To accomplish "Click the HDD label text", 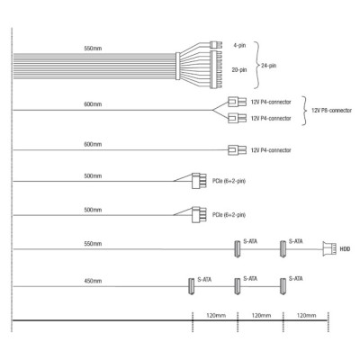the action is pyautogui.click(x=345, y=249).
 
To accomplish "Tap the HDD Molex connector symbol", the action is pyautogui.click(x=328, y=248).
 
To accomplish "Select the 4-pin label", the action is pyautogui.click(x=239, y=46).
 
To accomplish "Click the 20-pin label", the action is pyautogui.click(x=239, y=70).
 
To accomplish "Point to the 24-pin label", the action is pyautogui.click(x=268, y=66).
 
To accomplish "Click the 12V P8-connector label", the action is pyautogui.click(x=331, y=111).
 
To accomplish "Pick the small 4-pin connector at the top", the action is pyautogui.click(x=216, y=45).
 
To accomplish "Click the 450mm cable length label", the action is pyautogui.click(x=93, y=281).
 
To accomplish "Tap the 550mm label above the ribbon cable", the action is pyautogui.click(x=93, y=49).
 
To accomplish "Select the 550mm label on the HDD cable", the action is pyautogui.click(x=93, y=244).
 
